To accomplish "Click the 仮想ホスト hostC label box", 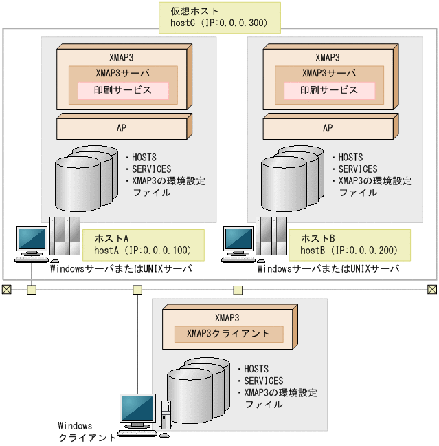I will [219, 17].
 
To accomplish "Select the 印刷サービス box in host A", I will [123, 90].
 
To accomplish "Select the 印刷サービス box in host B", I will [329, 90].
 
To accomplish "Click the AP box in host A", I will [121, 128].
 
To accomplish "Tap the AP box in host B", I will [327, 128].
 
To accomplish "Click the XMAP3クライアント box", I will [229, 334].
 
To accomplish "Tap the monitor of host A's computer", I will [32, 239].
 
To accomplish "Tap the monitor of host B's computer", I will [238, 239].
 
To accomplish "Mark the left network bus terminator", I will [7, 290].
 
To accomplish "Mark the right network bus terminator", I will [432, 290].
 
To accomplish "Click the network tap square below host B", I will [238, 290].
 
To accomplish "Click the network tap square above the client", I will [137, 290].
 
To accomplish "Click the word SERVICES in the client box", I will [264, 381].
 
